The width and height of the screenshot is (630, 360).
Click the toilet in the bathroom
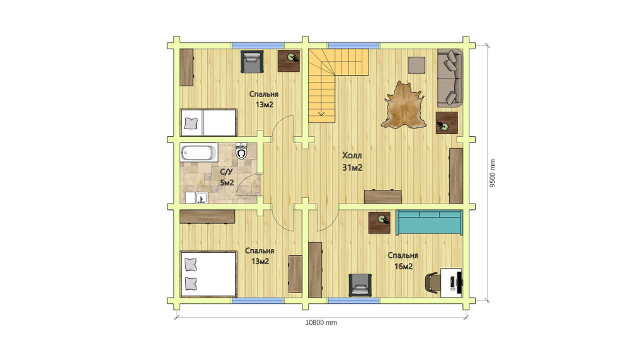(x=241, y=151)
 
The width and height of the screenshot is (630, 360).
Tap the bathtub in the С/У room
(x=199, y=153)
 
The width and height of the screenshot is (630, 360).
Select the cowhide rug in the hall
(x=404, y=105)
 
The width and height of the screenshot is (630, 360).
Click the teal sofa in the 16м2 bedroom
(x=429, y=222)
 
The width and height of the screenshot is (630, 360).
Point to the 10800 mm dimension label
(x=321, y=323)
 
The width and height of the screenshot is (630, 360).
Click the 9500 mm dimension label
(x=493, y=173)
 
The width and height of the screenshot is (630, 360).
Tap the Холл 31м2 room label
(x=352, y=161)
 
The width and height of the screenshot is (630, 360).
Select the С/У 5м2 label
(x=227, y=177)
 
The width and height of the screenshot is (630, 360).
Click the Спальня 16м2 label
(x=403, y=260)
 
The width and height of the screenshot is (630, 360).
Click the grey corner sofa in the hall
(x=450, y=78)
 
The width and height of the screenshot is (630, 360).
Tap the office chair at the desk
(x=432, y=282)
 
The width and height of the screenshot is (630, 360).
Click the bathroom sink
(x=201, y=197)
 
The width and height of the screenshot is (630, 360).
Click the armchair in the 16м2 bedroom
(x=360, y=285)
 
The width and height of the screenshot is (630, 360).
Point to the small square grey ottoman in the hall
(x=416, y=65)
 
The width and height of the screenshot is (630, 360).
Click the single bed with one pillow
(x=208, y=122)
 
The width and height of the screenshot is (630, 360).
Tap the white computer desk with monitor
(x=451, y=282)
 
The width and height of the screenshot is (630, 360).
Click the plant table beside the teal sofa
(x=380, y=223)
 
